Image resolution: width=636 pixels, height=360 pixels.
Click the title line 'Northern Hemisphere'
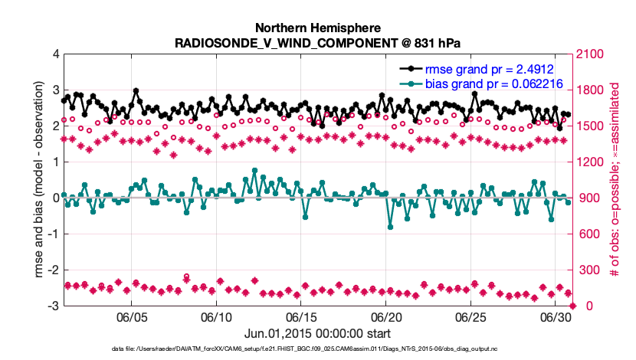pyautogui.click(x=318, y=28)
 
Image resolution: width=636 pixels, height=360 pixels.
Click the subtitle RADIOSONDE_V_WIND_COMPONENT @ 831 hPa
pyautogui.click(x=318, y=41)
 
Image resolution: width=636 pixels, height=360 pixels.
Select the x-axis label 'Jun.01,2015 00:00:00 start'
pyautogui.click(x=318, y=333)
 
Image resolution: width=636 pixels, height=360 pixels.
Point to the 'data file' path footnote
pyautogui.click(x=318, y=349)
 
